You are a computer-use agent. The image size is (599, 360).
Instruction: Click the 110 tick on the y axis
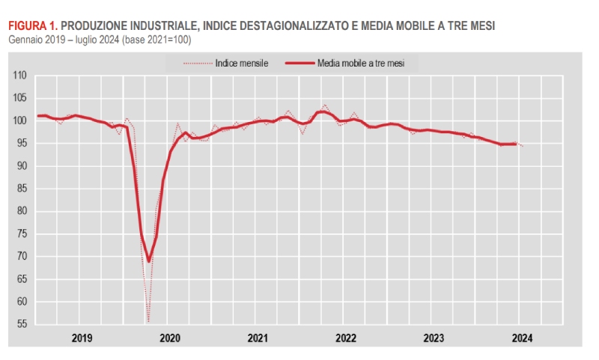[20, 76]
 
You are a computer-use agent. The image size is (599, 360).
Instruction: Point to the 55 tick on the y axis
[20, 324]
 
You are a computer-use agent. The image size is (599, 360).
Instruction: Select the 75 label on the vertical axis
[20, 234]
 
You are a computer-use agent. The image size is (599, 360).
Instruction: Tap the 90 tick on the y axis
[20, 166]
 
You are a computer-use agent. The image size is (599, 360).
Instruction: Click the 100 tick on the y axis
[20, 120]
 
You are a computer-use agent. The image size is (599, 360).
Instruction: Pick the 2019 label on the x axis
[82, 338]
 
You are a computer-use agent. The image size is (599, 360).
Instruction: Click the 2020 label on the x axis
[170, 338]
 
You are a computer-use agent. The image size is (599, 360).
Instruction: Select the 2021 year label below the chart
[258, 338]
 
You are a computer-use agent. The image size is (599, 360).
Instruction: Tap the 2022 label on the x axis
[345, 338]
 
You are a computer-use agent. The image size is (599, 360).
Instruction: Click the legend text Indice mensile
[241, 64]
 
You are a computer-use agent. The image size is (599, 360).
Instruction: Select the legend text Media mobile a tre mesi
[361, 64]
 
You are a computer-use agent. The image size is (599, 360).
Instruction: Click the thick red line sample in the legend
[299, 64]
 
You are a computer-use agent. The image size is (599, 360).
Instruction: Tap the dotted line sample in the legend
[197, 64]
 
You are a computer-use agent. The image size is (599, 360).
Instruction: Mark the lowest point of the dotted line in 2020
[148, 321]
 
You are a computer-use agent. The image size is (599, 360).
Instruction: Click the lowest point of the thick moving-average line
[148, 261]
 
